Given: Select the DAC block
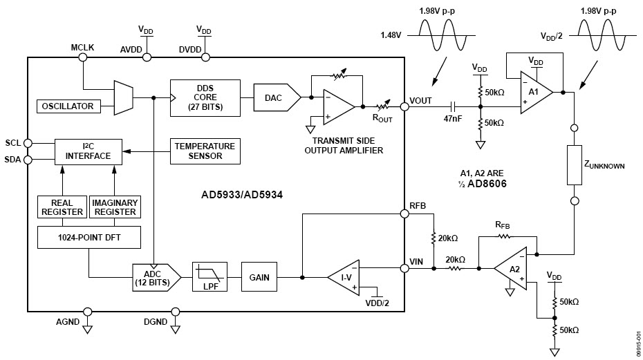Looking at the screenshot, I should [275, 97].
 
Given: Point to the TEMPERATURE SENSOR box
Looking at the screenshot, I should [204, 151].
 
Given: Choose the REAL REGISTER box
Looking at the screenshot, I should [62, 207].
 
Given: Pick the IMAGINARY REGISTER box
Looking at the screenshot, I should [115, 207].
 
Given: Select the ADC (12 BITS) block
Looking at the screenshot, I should [156, 278].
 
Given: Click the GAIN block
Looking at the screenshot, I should [259, 278].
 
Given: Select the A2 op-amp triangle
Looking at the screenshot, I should [510, 268].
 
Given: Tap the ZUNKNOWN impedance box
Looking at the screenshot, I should [575, 165].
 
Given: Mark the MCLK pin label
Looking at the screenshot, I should [83, 47].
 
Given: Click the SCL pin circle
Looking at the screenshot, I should [28, 143].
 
